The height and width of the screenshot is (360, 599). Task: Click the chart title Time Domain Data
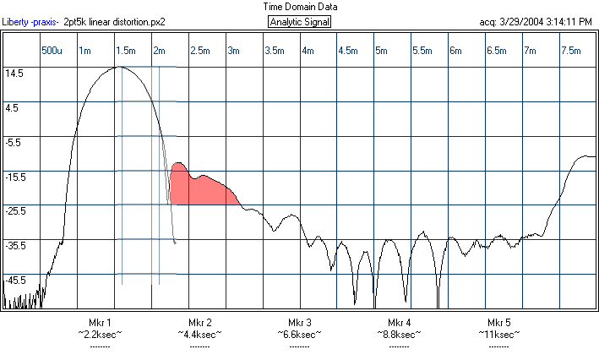[299, 7]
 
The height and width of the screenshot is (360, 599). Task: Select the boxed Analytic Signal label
[299, 22]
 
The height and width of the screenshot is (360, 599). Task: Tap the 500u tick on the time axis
[52, 52]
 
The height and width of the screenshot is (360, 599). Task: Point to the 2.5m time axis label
[201, 52]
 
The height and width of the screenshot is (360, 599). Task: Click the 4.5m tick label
[348, 52]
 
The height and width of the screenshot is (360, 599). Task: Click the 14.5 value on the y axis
[15, 74]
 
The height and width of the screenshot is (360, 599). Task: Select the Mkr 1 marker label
[100, 324]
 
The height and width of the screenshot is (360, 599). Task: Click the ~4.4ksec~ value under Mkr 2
[200, 335]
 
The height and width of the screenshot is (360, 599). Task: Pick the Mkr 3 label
[300, 324]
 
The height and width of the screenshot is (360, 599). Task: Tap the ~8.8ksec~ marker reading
[400, 335]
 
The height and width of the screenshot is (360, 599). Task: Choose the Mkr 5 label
[499, 324]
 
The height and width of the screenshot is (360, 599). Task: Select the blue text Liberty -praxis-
[30, 22]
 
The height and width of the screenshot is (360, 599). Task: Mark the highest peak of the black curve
[121, 68]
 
